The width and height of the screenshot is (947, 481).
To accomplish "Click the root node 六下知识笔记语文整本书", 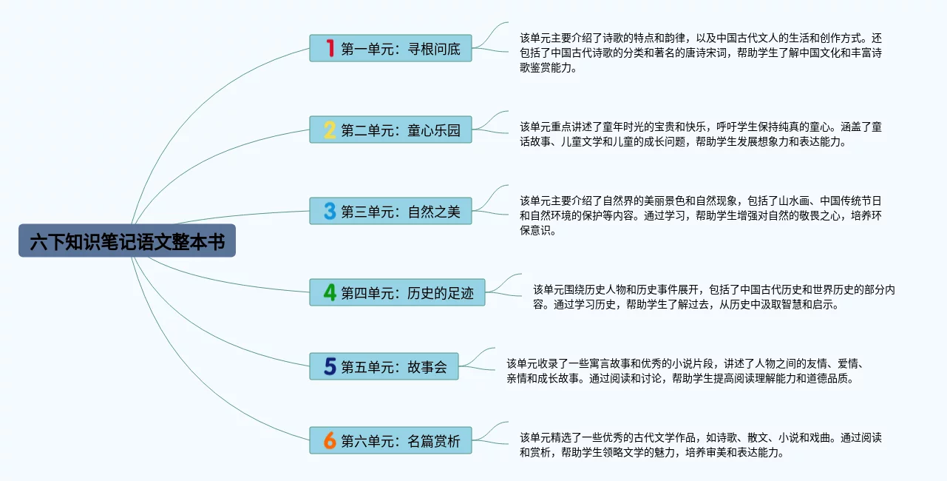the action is (127, 240).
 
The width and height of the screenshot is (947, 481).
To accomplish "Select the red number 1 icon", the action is (330, 48).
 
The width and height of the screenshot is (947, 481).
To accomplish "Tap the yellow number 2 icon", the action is (330, 130).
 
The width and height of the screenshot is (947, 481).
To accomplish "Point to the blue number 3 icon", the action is (330, 211).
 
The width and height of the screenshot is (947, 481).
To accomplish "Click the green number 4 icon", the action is (330, 292).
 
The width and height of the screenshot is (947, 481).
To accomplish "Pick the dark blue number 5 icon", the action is (330, 366).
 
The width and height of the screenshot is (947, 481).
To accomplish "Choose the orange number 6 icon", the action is (330, 440).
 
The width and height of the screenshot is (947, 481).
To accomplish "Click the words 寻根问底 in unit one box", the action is (434, 49).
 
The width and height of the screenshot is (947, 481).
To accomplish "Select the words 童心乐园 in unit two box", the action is (434, 130).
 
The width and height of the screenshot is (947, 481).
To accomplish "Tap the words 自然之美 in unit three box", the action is (434, 212).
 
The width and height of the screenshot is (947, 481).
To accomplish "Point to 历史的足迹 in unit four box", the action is (441, 293).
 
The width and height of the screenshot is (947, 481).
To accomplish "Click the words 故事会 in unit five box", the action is (427, 367).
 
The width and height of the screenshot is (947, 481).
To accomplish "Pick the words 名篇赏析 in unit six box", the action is (434, 441).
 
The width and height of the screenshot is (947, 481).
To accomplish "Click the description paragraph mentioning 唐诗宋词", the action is (701, 53).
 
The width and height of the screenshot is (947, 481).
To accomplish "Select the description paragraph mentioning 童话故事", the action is (701, 134).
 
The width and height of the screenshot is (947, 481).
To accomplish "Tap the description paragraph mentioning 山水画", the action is (701, 215).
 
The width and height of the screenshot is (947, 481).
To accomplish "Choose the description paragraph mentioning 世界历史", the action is (714, 297).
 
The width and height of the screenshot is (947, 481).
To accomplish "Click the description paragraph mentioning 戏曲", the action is (701, 445).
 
